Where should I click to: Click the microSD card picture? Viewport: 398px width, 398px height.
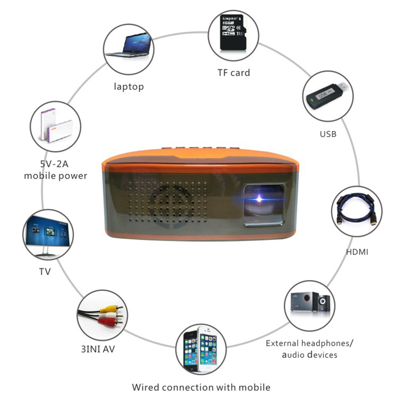[233, 32]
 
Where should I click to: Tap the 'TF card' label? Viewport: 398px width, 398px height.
[234, 73]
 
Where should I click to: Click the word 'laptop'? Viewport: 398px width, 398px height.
[129, 87]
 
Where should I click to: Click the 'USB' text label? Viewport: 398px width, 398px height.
[328, 134]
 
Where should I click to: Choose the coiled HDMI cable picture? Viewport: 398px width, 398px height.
[357, 210]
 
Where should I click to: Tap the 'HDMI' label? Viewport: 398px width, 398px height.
[357, 252]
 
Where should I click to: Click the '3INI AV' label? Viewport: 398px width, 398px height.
[98, 349]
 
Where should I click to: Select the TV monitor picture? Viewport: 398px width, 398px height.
[47, 235]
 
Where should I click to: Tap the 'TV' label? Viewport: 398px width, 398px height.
[45, 272]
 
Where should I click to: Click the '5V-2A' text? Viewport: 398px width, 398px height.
[54, 164]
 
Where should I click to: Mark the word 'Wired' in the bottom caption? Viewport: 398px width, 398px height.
[145, 387]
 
